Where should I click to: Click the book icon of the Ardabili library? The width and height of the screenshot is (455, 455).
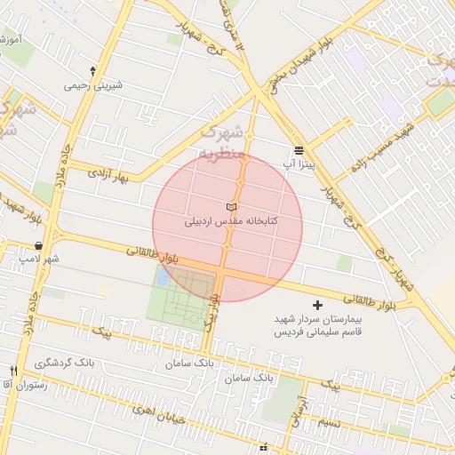(232, 207)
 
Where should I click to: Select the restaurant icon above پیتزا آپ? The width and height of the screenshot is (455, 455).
(299, 150)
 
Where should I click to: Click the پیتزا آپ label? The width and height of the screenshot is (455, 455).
(300, 164)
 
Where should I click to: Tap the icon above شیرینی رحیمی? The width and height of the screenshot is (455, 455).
(93, 70)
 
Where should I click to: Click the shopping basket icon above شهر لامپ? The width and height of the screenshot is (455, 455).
(39, 244)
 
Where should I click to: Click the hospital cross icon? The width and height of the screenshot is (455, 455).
(319, 305)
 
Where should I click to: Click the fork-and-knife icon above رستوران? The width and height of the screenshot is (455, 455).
(13, 371)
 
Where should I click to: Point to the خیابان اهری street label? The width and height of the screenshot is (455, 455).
(156, 411)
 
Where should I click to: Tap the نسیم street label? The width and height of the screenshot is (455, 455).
(330, 421)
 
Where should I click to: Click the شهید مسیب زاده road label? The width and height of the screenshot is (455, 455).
(383, 147)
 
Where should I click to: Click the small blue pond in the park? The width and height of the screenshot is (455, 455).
(163, 277)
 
